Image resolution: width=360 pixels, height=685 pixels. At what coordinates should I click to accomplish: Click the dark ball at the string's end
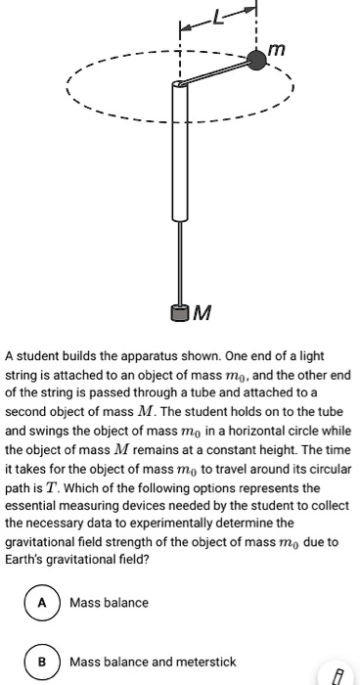256,60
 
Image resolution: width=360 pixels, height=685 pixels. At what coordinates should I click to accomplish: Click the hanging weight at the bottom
179,313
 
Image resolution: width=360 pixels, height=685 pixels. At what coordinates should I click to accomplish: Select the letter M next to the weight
202,313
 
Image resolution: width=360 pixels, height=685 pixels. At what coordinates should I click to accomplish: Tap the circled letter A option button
43,602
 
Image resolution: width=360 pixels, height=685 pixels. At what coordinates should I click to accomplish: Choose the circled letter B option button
43,662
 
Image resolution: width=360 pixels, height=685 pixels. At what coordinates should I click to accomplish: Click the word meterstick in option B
202,662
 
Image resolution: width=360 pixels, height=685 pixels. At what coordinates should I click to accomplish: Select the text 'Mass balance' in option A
109,602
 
